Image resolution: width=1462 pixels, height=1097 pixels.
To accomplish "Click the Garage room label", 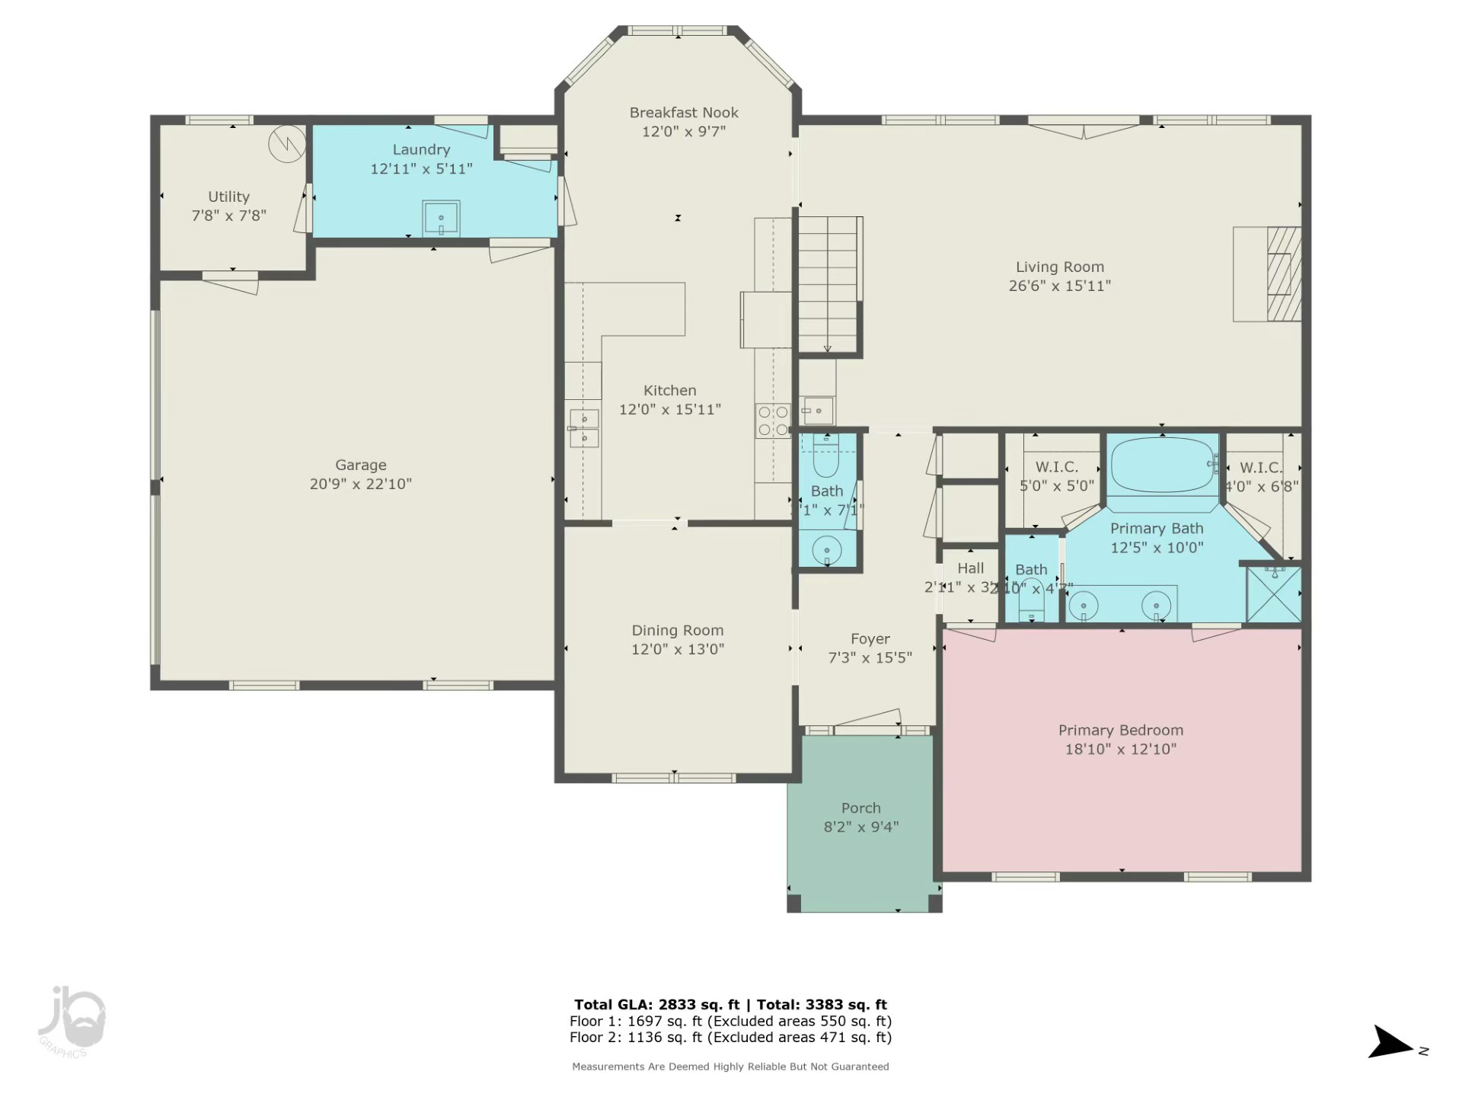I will coord(360,465).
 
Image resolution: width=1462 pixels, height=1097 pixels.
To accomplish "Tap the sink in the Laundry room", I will coord(441,219).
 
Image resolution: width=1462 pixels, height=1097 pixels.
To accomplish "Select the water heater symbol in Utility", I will coord(287,142).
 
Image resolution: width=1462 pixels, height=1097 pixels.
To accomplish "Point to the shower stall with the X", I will coord(1273,594).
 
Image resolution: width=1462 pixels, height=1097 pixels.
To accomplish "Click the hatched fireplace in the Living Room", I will coord(1283,274).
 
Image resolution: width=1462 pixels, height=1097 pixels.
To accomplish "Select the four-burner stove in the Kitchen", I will coord(773,421).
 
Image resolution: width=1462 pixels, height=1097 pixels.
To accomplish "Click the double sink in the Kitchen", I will coord(584,428).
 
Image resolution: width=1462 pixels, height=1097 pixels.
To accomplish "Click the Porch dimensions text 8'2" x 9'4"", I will coord(860,827).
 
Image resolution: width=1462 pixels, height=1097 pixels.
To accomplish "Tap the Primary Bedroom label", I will coord(1120,730).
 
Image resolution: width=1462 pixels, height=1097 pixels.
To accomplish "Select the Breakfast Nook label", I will coord(684,113).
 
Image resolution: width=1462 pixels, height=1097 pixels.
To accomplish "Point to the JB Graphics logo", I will coord(71,1021).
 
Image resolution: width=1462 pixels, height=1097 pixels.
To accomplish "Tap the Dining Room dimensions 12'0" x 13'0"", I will coord(677,649).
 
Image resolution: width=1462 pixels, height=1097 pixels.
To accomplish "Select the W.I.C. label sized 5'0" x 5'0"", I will coord(1056,467).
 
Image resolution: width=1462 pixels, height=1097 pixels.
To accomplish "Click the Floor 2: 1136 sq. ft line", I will coord(729,1037).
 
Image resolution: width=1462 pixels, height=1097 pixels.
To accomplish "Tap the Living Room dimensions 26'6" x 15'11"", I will coord(1059,286).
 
